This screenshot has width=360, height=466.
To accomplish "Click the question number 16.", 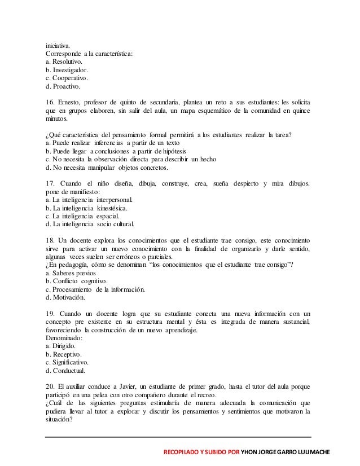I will [50, 103].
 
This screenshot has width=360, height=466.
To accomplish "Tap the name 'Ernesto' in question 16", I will [69, 103].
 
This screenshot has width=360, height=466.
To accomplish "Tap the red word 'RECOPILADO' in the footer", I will [182, 453].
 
